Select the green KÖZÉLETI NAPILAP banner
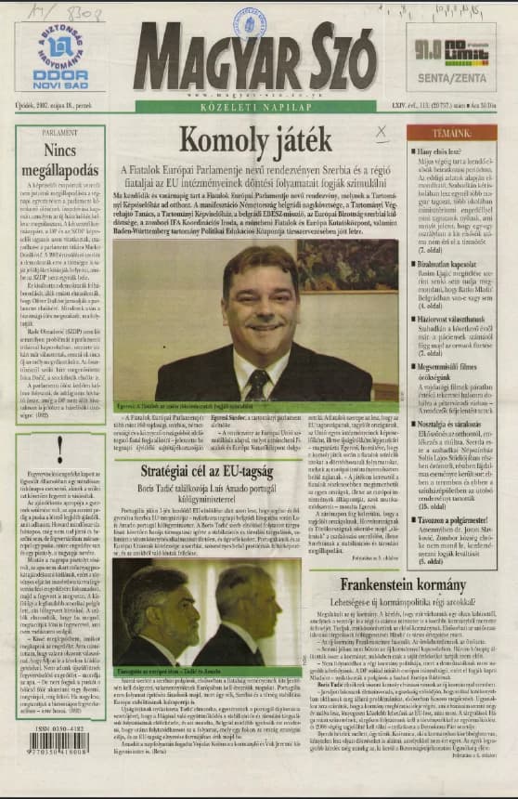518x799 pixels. point(259,107)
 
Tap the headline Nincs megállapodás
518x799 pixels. point(59,159)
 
